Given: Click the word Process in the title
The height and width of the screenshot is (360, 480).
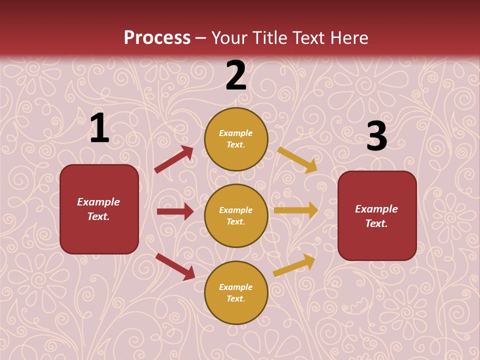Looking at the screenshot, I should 157,37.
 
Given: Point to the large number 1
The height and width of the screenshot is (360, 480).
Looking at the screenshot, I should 99,128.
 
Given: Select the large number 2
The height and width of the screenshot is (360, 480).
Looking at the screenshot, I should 236,75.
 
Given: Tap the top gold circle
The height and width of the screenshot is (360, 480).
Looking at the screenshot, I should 236,139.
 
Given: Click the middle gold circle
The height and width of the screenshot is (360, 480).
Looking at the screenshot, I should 236,215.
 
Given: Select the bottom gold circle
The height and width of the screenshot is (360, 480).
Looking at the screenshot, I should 236,292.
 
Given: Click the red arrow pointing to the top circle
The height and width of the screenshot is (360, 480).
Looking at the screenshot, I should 174,159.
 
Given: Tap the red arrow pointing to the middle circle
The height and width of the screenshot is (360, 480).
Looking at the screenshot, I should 175,211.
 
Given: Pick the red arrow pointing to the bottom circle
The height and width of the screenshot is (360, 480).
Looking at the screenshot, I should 175,266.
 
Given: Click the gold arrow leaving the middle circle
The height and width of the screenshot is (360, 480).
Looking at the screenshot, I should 296,210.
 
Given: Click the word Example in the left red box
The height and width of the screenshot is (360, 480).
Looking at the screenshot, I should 98,202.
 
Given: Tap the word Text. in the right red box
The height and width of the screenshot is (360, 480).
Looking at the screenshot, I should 376,223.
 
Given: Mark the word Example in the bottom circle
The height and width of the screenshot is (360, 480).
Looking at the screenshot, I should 236,287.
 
